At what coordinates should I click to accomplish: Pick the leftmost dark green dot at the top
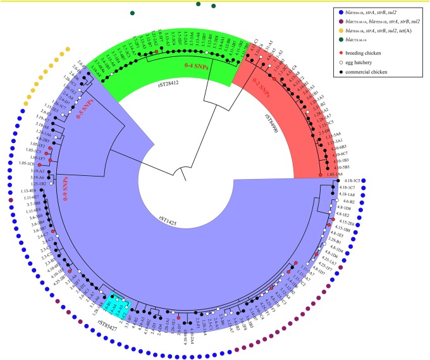(x=132, y=13)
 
